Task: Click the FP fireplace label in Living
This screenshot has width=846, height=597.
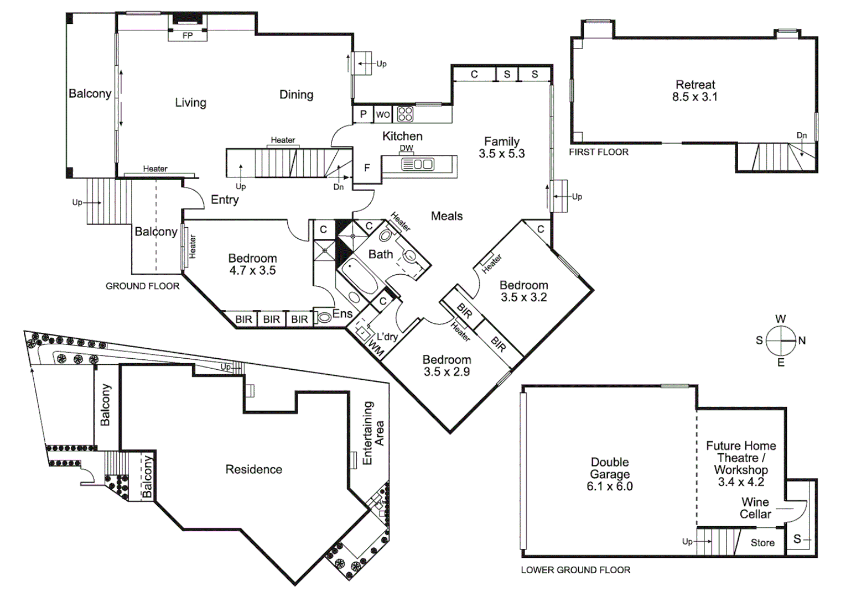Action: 188,36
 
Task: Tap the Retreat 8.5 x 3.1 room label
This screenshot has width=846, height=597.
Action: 695,91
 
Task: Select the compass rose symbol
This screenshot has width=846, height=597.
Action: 781,341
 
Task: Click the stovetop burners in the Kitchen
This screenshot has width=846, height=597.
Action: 405,114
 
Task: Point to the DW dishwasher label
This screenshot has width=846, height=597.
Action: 406,148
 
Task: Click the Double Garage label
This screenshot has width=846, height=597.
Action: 610,474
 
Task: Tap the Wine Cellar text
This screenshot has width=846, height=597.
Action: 755,508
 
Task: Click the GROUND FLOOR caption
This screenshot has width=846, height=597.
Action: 142,286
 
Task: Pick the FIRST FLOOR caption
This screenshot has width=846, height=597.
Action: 599,152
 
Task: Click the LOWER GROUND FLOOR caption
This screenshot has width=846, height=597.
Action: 575,570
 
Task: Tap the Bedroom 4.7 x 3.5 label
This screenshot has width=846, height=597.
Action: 252,264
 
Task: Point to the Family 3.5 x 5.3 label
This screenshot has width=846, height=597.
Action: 502,148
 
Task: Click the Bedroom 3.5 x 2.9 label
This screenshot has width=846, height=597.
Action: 447,365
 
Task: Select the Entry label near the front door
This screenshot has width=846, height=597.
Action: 225,200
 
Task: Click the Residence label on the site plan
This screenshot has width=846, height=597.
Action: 253,469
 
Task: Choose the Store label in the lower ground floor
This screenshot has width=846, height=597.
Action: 762,543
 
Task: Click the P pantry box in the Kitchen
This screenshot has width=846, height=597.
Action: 363,114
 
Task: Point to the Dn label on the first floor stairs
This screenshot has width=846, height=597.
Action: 801,135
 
